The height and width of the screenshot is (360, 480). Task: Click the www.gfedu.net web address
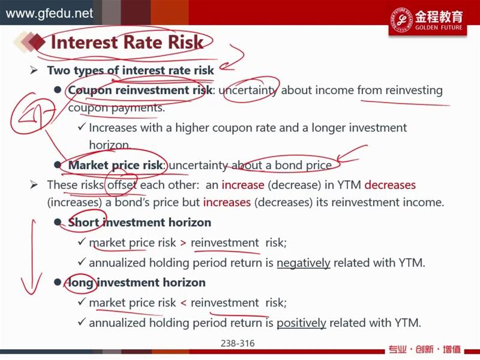coord(49,13)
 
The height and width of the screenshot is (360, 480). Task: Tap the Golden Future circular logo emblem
coord(401,20)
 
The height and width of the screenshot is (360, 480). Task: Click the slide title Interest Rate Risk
coord(127,42)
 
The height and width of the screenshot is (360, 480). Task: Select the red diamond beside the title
coord(38,41)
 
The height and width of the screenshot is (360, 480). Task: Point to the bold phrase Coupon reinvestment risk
coord(140,90)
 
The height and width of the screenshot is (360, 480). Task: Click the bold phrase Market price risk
coord(115,165)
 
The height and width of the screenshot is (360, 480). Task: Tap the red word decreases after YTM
coord(390,185)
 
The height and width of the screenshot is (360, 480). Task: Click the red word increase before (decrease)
coord(243,185)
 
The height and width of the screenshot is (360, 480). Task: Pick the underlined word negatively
coord(304,263)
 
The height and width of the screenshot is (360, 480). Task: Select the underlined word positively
coord(302,323)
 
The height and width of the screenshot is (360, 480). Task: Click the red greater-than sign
coord(183,243)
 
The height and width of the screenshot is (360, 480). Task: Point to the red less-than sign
coord(183,303)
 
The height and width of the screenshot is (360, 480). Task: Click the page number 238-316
coord(238,343)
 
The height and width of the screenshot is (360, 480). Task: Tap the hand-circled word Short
coord(83,222)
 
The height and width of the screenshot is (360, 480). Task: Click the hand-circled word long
coord(80,283)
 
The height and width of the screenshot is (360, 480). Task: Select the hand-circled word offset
coord(122,185)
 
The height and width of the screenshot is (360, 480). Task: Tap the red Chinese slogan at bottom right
coord(424,349)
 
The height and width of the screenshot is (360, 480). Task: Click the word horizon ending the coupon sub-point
coord(110,145)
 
